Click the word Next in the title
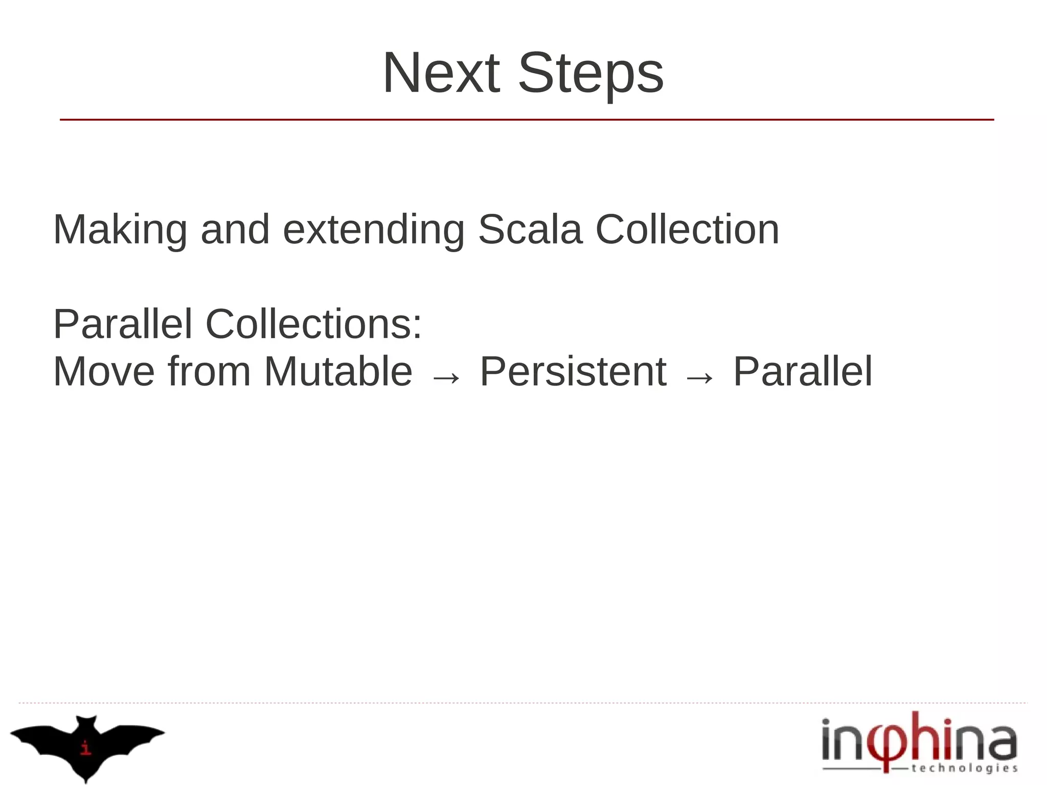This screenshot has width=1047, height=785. tap(441, 73)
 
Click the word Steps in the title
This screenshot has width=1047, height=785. tap(590, 73)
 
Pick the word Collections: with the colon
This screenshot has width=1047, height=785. tap(313, 324)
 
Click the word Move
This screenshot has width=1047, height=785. tap(104, 372)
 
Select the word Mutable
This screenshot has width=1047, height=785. tap(338, 372)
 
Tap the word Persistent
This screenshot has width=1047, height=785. tap(573, 372)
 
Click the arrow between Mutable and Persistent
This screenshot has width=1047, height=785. tap(446, 377)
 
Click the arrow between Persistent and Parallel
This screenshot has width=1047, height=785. tap(699, 377)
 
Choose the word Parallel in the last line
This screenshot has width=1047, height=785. tap(803, 372)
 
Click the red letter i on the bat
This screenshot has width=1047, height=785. tap(86, 748)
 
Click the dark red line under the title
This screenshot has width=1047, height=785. tap(527, 120)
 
